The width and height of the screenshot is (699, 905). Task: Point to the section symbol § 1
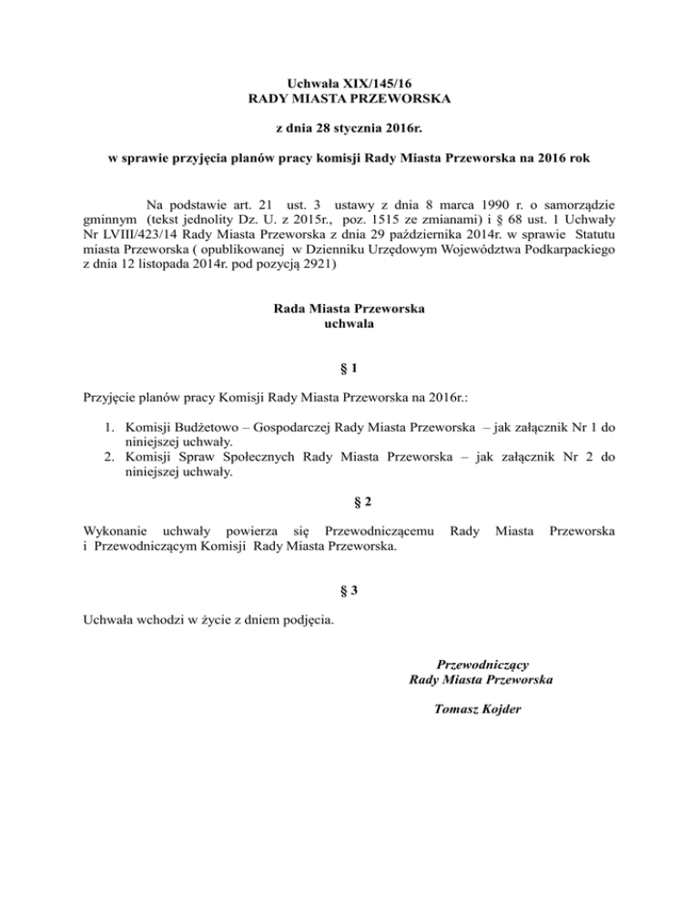coord(349,369)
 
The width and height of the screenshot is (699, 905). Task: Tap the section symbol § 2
coord(349,500)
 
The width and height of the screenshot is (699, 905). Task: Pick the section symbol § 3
coord(349,589)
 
